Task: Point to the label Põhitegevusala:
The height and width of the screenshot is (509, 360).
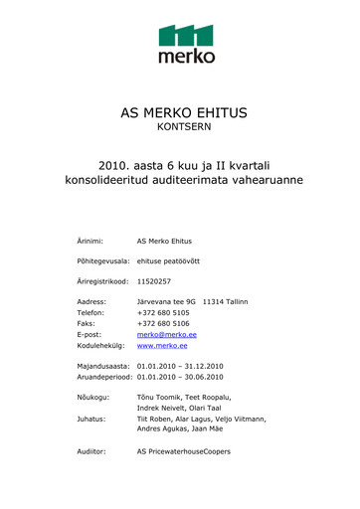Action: click(x=104, y=260)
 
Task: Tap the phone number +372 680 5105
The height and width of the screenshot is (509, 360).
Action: click(x=163, y=312)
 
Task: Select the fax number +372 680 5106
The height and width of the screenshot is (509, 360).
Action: click(x=163, y=324)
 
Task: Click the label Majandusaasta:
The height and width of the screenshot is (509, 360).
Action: click(x=103, y=367)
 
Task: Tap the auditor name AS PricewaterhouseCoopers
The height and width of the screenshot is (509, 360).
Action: click(x=183, y=451)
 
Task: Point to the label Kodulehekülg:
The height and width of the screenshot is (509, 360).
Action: click(x=101, y=348)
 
